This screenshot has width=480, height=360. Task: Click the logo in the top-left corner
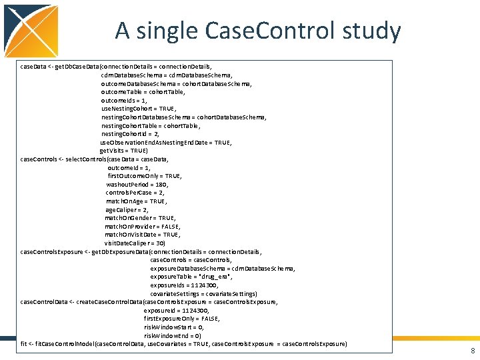click(x=30, y=30)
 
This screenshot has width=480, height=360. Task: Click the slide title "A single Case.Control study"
click(x=257, y=31)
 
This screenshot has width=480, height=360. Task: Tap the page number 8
click(x=472, y=351)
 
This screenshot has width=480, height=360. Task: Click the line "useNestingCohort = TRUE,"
click(x=138, y=109)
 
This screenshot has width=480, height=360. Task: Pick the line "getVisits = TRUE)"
click(x=129, y=151)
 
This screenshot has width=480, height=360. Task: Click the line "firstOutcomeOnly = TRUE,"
click(x=144, y=176)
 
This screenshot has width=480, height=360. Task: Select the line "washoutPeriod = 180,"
click(x=137, y=185)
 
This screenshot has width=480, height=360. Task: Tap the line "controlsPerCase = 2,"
click(x=135, y=193)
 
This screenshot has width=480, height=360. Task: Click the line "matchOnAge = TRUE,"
click(x=137, y=201)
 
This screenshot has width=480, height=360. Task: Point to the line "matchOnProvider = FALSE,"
click(x=142, y=227)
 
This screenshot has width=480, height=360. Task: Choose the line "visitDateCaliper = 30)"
click(x=135, y=243)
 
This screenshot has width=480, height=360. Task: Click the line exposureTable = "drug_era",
click(x=191, y=277)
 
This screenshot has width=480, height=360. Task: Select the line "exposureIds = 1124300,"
click(x=184, y=285)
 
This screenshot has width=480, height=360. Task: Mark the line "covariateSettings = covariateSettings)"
click(x=203, y=293)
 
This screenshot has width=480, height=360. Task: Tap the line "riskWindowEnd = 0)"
click(x=172, y=335)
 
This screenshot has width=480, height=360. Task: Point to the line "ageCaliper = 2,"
click(x=127, y=209)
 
